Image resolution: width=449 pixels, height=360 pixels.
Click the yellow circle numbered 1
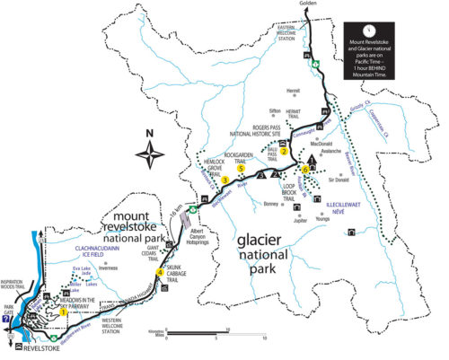tap(64, 311)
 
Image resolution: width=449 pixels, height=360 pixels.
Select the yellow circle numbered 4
tap(160, 272)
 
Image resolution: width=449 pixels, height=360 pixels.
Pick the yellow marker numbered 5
tap(241, 167)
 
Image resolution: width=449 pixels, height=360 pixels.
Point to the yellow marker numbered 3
tap(224, 180)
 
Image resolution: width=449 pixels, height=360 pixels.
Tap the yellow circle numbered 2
tap(284, 151)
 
